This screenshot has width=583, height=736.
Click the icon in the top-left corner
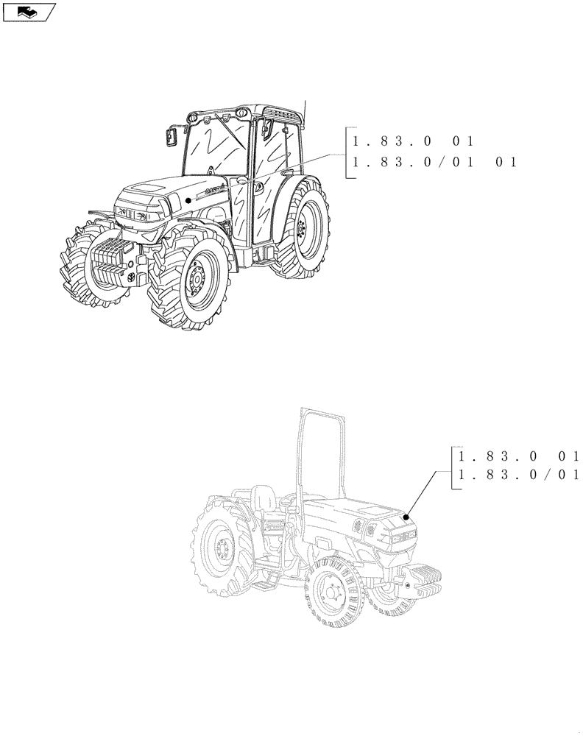tap(28, 11)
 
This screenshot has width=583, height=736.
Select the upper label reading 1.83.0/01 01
tap(434, 163)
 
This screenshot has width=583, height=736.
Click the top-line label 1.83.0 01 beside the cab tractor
tap(414, 141)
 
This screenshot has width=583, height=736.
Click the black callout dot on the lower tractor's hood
tap(404, 517)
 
